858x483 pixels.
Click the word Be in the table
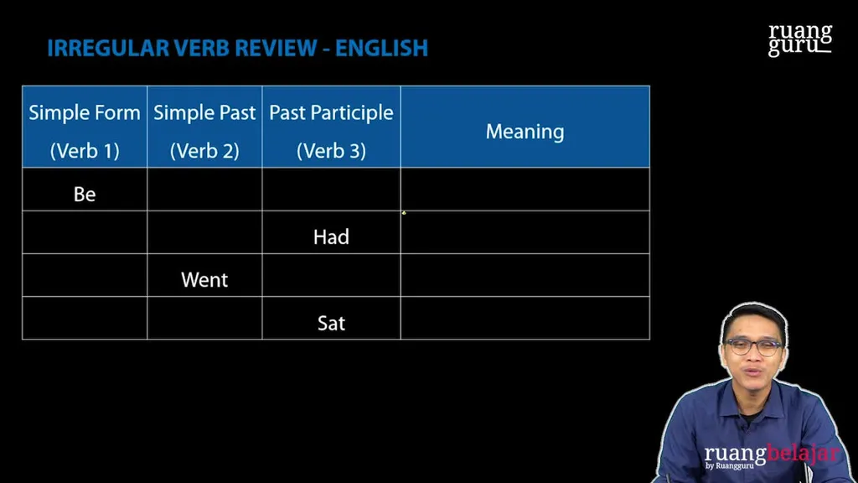pyautogui.click(x=85, y=194)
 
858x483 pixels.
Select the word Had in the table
pyautogui.click(x=331, y=236)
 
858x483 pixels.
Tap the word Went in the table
pyautogui.click(x=204, y=280)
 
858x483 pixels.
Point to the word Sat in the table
pyautogui.click(x=331, y=323)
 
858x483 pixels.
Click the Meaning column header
pyautogui.click(x=525, y=132)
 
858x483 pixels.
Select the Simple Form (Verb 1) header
pyautogui.click(x=85, y=132)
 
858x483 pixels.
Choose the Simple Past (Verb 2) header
pyautogui.click(x=204, y=132)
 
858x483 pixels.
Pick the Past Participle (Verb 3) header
pyautogui.click(x=331, y=132)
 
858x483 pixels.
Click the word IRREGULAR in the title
pyautogui.click(x=108, y=48)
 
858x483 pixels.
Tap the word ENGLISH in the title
pyautogui.click(x=381, y=48)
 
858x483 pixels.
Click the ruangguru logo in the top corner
pyautogui.click(x=800, y=39)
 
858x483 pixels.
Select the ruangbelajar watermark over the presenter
pyautogui.click(x=772, y=455)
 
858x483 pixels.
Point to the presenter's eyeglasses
pyautogui.click(x=754, y=346)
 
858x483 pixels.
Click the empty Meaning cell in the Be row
pyautogui.click(x=525, y=190)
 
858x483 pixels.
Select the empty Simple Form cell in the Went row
pyautogui.click(x=85, y=275)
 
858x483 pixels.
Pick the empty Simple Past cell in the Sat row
pyautogui.click(x=204, y=318)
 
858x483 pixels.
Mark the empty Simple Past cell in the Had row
pyautogui.click(x=204, y=232)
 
